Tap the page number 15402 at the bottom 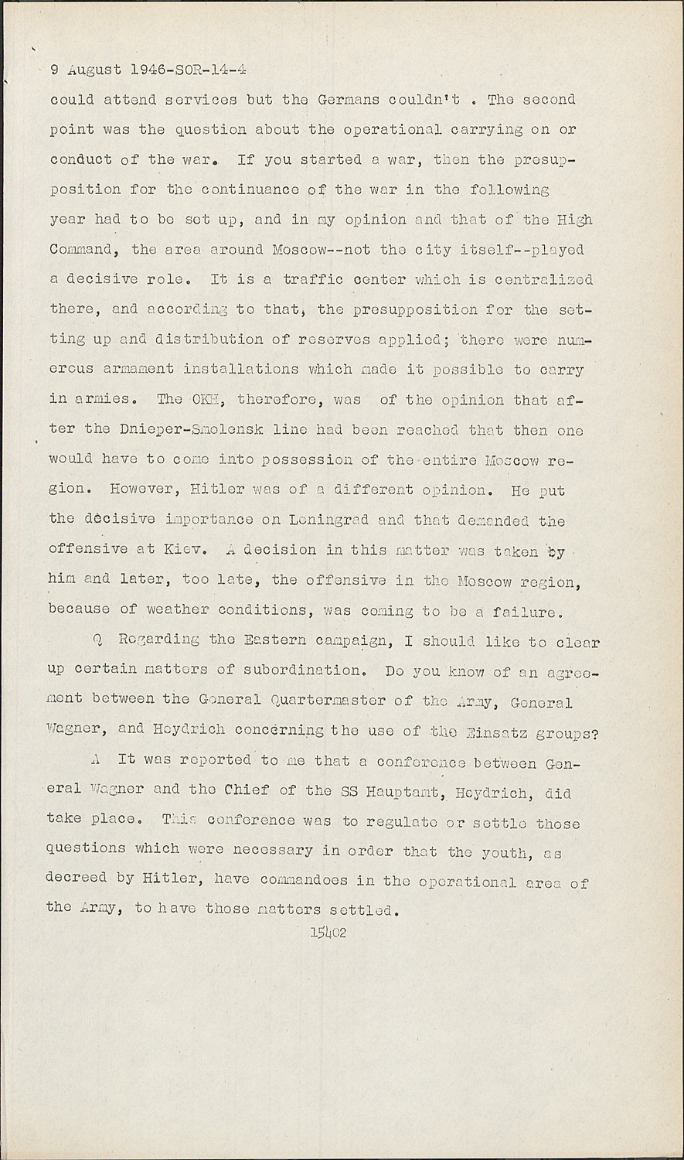(328, 933)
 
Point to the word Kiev (184, 550)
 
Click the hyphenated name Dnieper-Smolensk (139, 430)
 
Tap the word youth (504, 851)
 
